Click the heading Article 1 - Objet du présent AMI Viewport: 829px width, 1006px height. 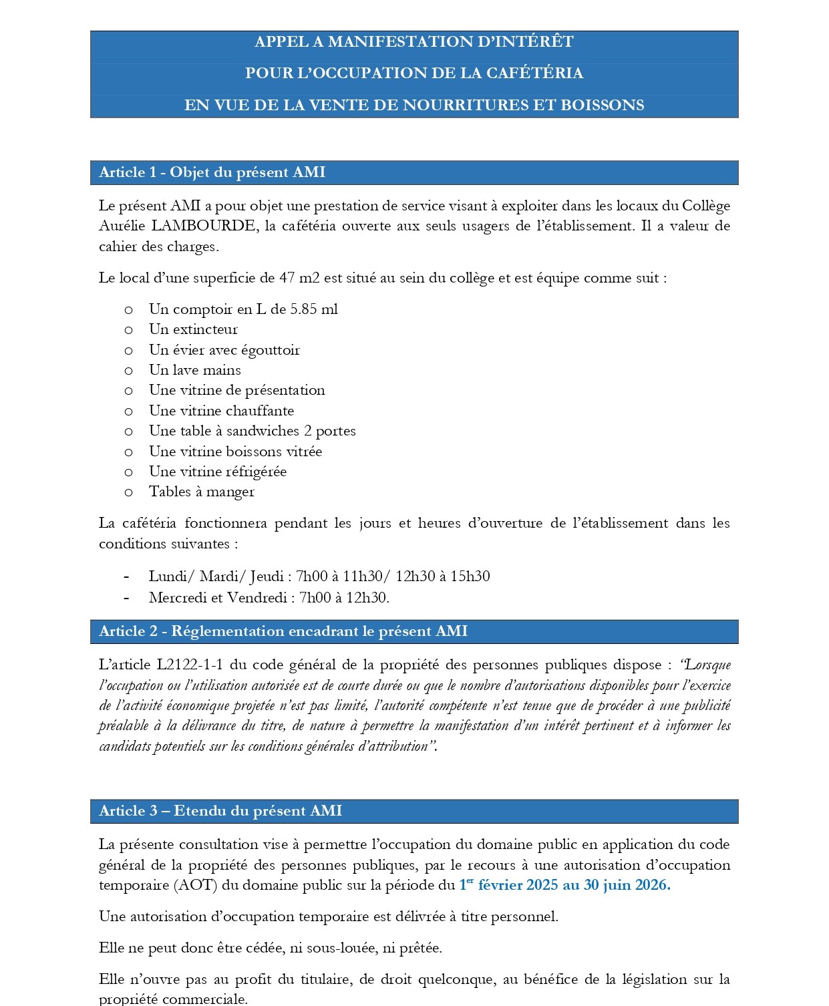212,172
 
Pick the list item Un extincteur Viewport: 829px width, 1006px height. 193,329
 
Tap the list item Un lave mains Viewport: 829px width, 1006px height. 194,370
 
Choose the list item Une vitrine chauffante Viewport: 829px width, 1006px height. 221,411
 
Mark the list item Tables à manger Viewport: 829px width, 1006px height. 201,492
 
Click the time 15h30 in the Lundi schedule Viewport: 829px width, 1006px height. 470,576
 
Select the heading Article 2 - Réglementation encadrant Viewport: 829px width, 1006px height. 283,631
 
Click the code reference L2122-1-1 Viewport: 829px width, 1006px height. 190,665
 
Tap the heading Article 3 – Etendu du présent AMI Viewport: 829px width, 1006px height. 220,811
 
